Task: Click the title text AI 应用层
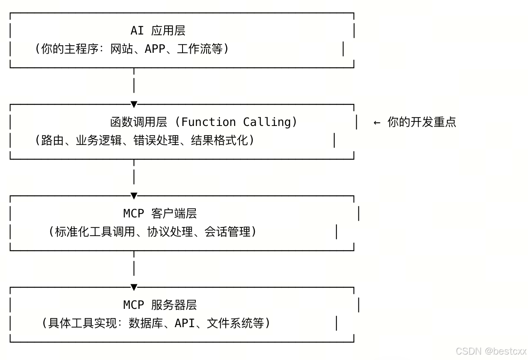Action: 158,31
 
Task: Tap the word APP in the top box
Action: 154,49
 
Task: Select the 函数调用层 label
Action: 138,122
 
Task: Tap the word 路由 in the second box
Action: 53,141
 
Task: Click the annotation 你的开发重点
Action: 422,122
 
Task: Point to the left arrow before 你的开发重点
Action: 377,123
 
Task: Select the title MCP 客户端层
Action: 160,214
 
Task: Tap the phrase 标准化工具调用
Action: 95,232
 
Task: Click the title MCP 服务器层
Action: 160,305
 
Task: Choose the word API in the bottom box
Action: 185,323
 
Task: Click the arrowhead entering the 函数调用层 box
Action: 134,104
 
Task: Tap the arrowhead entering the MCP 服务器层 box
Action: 134,287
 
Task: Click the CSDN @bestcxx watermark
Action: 491,351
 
